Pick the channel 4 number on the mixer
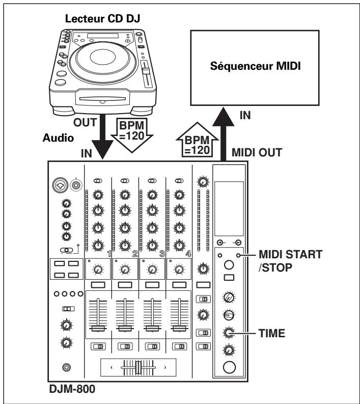click(188, 253)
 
